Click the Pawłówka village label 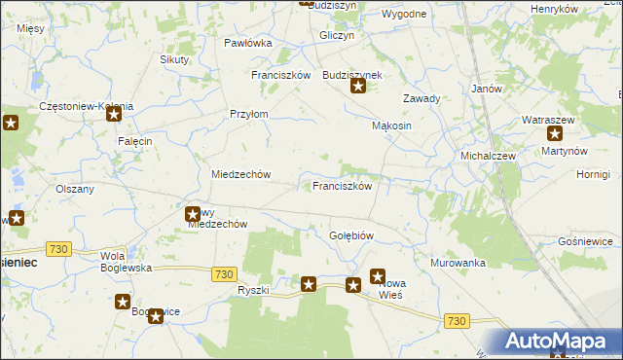[247, 43]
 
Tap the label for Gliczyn [336, 34]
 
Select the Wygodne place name [404, 14]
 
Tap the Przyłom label [248, 114]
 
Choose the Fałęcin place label [135, 141]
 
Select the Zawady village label [421, 98]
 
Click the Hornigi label [592, 174]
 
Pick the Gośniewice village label [585, 240]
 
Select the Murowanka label [458, 263]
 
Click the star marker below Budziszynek [358, 87]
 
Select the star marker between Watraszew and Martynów [555, 134]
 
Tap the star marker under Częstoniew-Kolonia [113, 115]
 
